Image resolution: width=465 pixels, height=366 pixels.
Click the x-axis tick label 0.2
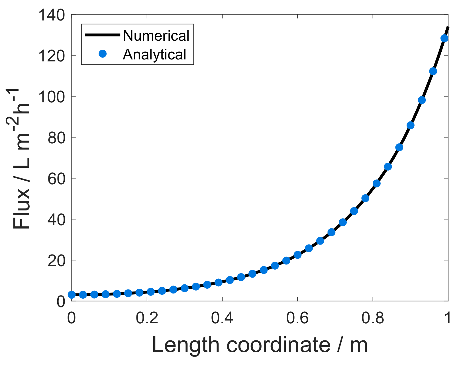click(147, 318)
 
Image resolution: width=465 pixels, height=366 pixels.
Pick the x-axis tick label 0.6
click(297, 318)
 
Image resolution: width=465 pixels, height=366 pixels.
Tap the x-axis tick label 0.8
click(372, 318)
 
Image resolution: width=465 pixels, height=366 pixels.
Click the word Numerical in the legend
click(156, 36)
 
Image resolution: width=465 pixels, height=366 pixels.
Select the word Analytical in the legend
click(154, 54)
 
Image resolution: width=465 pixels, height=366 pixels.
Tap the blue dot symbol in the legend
click(103, 54)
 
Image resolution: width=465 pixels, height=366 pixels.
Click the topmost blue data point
click(444, 38)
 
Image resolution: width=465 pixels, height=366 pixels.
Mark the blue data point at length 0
click(72, 295)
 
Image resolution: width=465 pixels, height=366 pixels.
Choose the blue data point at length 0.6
click(297, 255)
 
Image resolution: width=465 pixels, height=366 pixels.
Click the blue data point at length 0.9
click(410, 125)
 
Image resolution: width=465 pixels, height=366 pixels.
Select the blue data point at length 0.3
click(185, 288)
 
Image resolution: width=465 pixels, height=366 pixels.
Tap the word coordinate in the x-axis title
click(278, 345)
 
